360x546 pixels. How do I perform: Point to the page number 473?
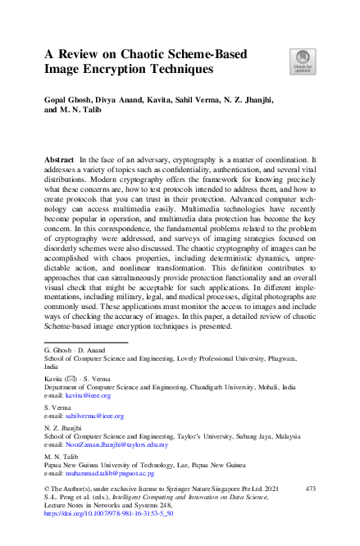click(x=310, y=488)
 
